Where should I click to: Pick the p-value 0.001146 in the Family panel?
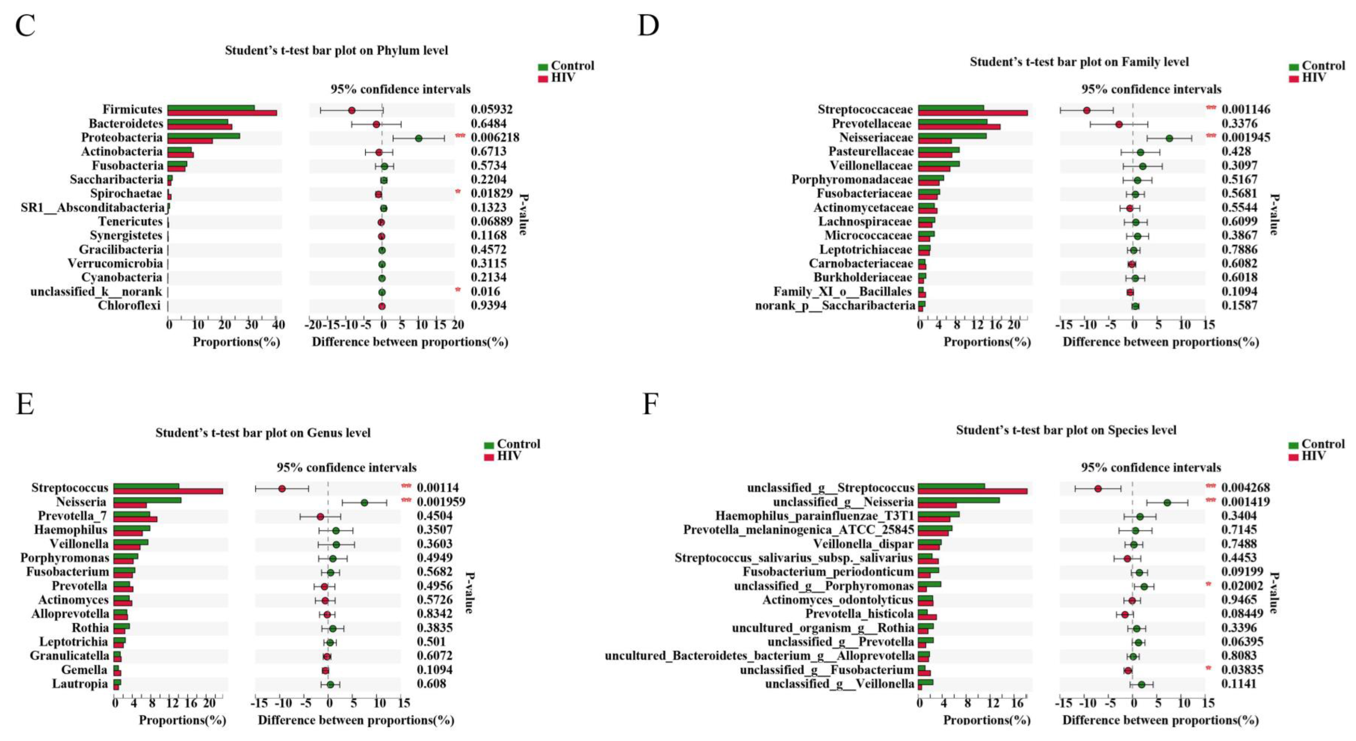(x=1245, y=110)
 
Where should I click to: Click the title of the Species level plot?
(x=1066, y=430)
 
